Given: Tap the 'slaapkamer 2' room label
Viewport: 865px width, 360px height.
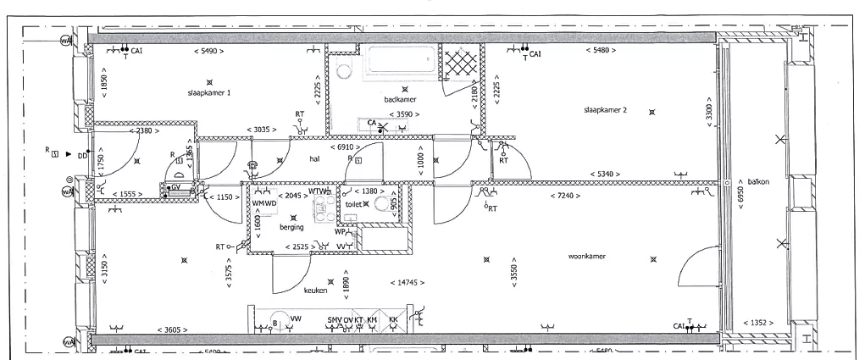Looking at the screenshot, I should (x=605, y=110).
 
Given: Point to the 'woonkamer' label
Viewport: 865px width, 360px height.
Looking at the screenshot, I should (x=587, y=255).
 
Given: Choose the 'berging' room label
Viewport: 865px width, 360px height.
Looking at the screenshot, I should (x=292, y=227).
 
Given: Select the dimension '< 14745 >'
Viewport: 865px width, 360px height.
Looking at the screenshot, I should (x=407, y=282).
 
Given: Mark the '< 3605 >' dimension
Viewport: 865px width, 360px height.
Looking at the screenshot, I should (x=173, y=330).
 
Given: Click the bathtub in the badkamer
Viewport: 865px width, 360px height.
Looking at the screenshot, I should (x=402, y=61).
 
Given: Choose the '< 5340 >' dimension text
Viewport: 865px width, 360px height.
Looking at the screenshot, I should (x=603, y=173).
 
